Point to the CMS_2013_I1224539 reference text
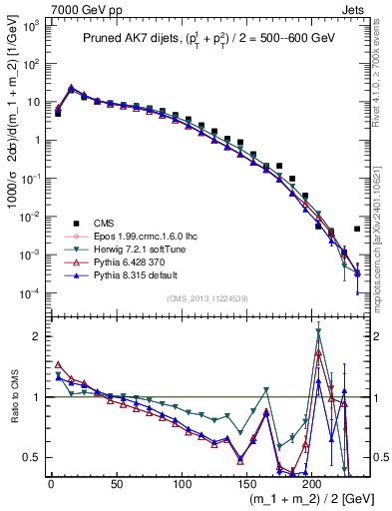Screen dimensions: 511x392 [x=208, y=297]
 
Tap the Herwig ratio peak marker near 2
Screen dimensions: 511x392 [x=318, y=332]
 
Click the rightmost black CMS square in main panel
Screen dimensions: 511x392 [x=357, y=229]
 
